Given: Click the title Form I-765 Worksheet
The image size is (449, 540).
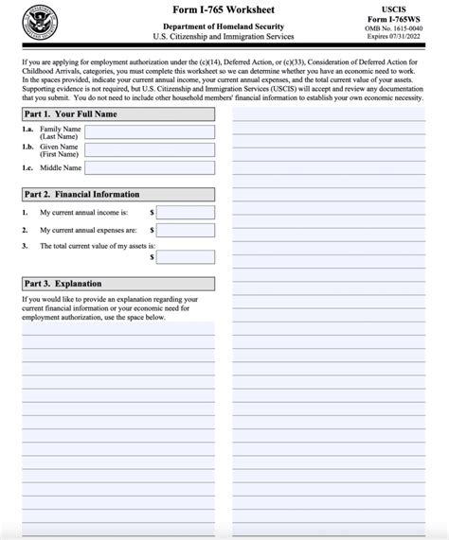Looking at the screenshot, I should pyautogui.click(x=224, y=10).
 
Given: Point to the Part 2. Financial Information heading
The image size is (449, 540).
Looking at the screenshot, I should pyautogui.click(x=82, y=195).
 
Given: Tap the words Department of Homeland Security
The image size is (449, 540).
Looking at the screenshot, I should pyautogui.click(x=224, y=26).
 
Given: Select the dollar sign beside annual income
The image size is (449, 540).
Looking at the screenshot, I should pyautogui.click(x=152, y=213).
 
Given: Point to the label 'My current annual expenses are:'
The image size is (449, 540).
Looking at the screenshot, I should pyautogui.click(x=88, y=230).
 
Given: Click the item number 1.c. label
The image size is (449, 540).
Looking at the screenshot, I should pyautogui.click(x=28, y=167).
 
